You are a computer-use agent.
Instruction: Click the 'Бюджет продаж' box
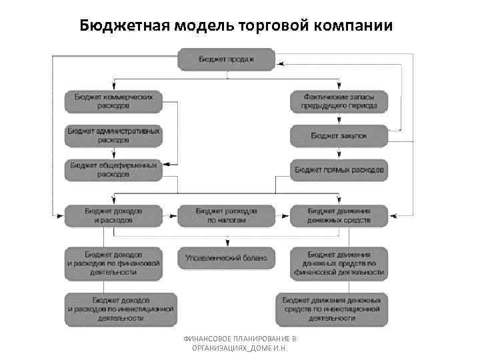click(226, 59)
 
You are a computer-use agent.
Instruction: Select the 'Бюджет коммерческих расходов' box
click(113, 101)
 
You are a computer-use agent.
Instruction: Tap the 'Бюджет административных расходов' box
click(113, 136)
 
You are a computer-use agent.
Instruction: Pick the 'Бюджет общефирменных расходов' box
click(113, 170)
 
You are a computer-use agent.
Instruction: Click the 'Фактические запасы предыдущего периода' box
click(339, 101)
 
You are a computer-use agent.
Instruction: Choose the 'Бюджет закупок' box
click(339, 136)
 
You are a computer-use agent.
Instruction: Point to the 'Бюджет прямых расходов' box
click(339, 170)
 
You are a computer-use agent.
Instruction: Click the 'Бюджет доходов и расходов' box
click(113, 215)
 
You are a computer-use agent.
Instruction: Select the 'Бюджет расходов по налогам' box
click(226, 215)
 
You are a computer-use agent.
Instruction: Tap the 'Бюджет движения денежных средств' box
click(339, 215)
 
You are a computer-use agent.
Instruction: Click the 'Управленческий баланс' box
click(226, 257)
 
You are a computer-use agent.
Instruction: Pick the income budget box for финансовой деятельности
click(113, 263)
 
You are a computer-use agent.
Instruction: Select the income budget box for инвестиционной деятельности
click(121, 309)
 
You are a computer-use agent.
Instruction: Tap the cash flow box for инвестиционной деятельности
click(331, 309)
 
